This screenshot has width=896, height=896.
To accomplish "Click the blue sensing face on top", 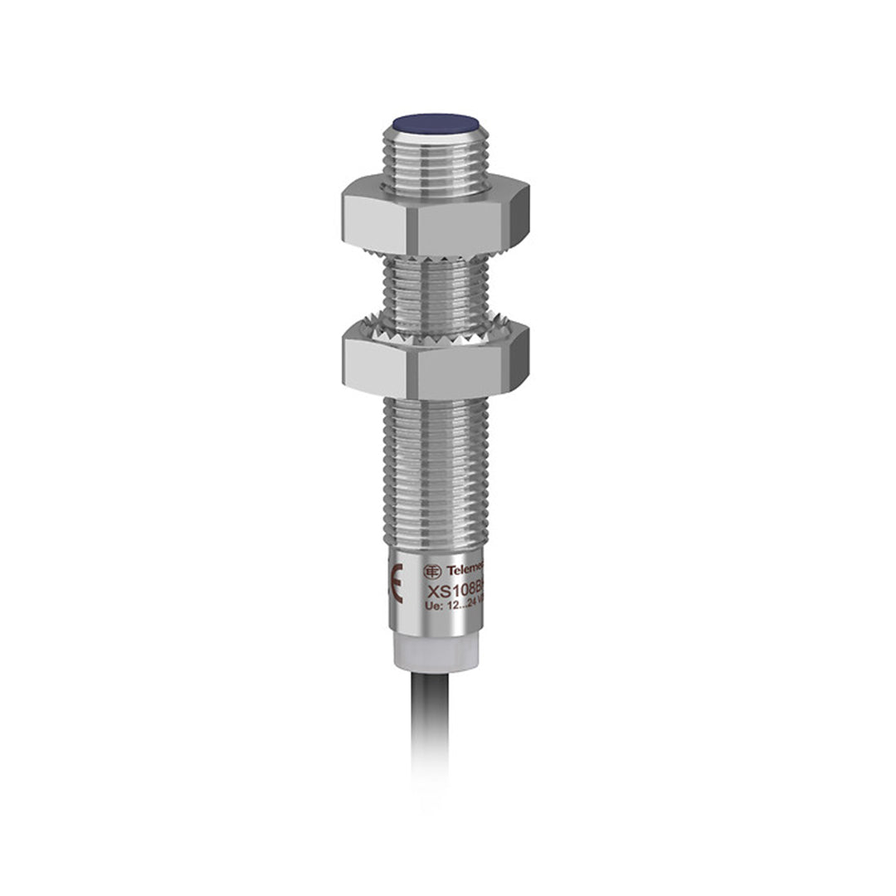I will pyautogui.click(x=431, y=124).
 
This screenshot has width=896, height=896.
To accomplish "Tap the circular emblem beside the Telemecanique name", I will pyautogui.click(x=432, y=571).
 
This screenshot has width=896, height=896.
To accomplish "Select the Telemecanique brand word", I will pyautogui.click(x=465, y=571).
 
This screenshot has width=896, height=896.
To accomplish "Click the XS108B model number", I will pyautogui.click(x=455, y=592).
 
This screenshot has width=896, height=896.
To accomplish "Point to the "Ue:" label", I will pyautogui.click(x=433, y=606).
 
